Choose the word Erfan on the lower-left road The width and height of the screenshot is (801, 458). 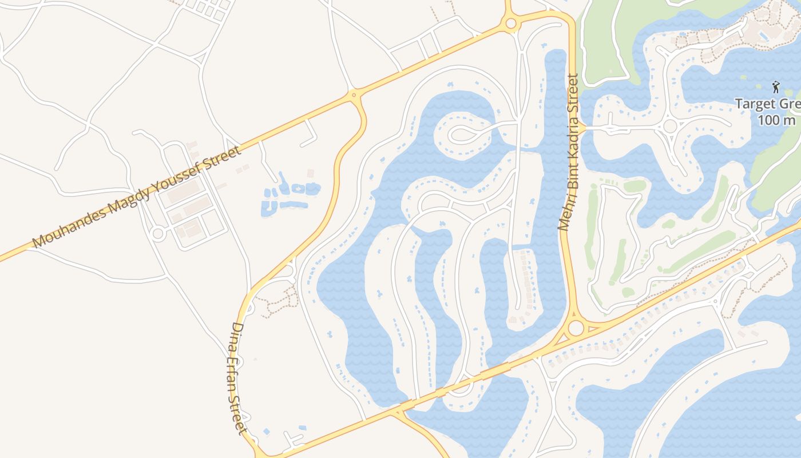click(237, 370)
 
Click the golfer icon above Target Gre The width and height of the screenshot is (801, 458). click(776, 87)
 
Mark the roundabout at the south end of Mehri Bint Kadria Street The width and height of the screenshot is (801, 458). click(576, 328)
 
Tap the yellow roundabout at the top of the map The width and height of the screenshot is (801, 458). click(510, 23)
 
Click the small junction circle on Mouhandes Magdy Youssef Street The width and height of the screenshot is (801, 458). click(354, 95)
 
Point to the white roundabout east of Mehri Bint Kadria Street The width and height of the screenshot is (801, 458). click(670, 125)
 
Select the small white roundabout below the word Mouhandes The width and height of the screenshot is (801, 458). click(158, 233)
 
